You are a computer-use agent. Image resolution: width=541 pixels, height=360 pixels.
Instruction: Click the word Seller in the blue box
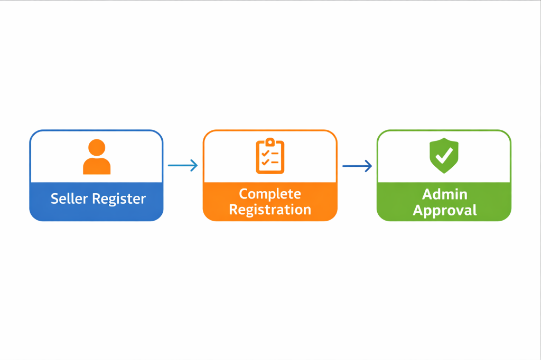[x=69, y=199]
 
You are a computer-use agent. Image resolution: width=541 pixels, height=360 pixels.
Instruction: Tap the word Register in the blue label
[x=119, y=200]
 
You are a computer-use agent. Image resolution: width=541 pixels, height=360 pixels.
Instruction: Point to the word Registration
[x=270, y=210]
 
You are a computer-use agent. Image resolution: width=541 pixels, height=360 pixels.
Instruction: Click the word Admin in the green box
[x=444, y=194]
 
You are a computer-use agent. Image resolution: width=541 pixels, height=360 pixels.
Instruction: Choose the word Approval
[x=444, y=210]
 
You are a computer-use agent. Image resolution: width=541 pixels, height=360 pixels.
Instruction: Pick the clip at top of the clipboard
[x=270, y=142]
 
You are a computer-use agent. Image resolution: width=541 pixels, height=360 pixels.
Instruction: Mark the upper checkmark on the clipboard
[x=265, y=153]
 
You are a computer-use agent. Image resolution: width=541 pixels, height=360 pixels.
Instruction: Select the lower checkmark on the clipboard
[x=265, y=162]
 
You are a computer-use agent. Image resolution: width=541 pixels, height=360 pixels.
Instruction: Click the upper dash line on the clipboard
[x=275, y=153]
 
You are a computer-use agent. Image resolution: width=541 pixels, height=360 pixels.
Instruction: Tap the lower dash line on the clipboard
[x=275, y=163]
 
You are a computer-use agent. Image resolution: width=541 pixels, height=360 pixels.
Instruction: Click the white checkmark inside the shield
[x=444, y=155]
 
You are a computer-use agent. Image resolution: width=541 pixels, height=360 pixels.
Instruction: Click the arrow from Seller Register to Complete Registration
[x=183, y=166]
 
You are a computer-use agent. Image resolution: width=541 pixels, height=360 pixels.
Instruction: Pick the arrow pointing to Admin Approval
[x=357, y=166]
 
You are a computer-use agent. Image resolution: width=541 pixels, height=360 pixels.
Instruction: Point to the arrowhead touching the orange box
[x=194, y=166]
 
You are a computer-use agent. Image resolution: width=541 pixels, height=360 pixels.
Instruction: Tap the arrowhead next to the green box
[x=368, y=166]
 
